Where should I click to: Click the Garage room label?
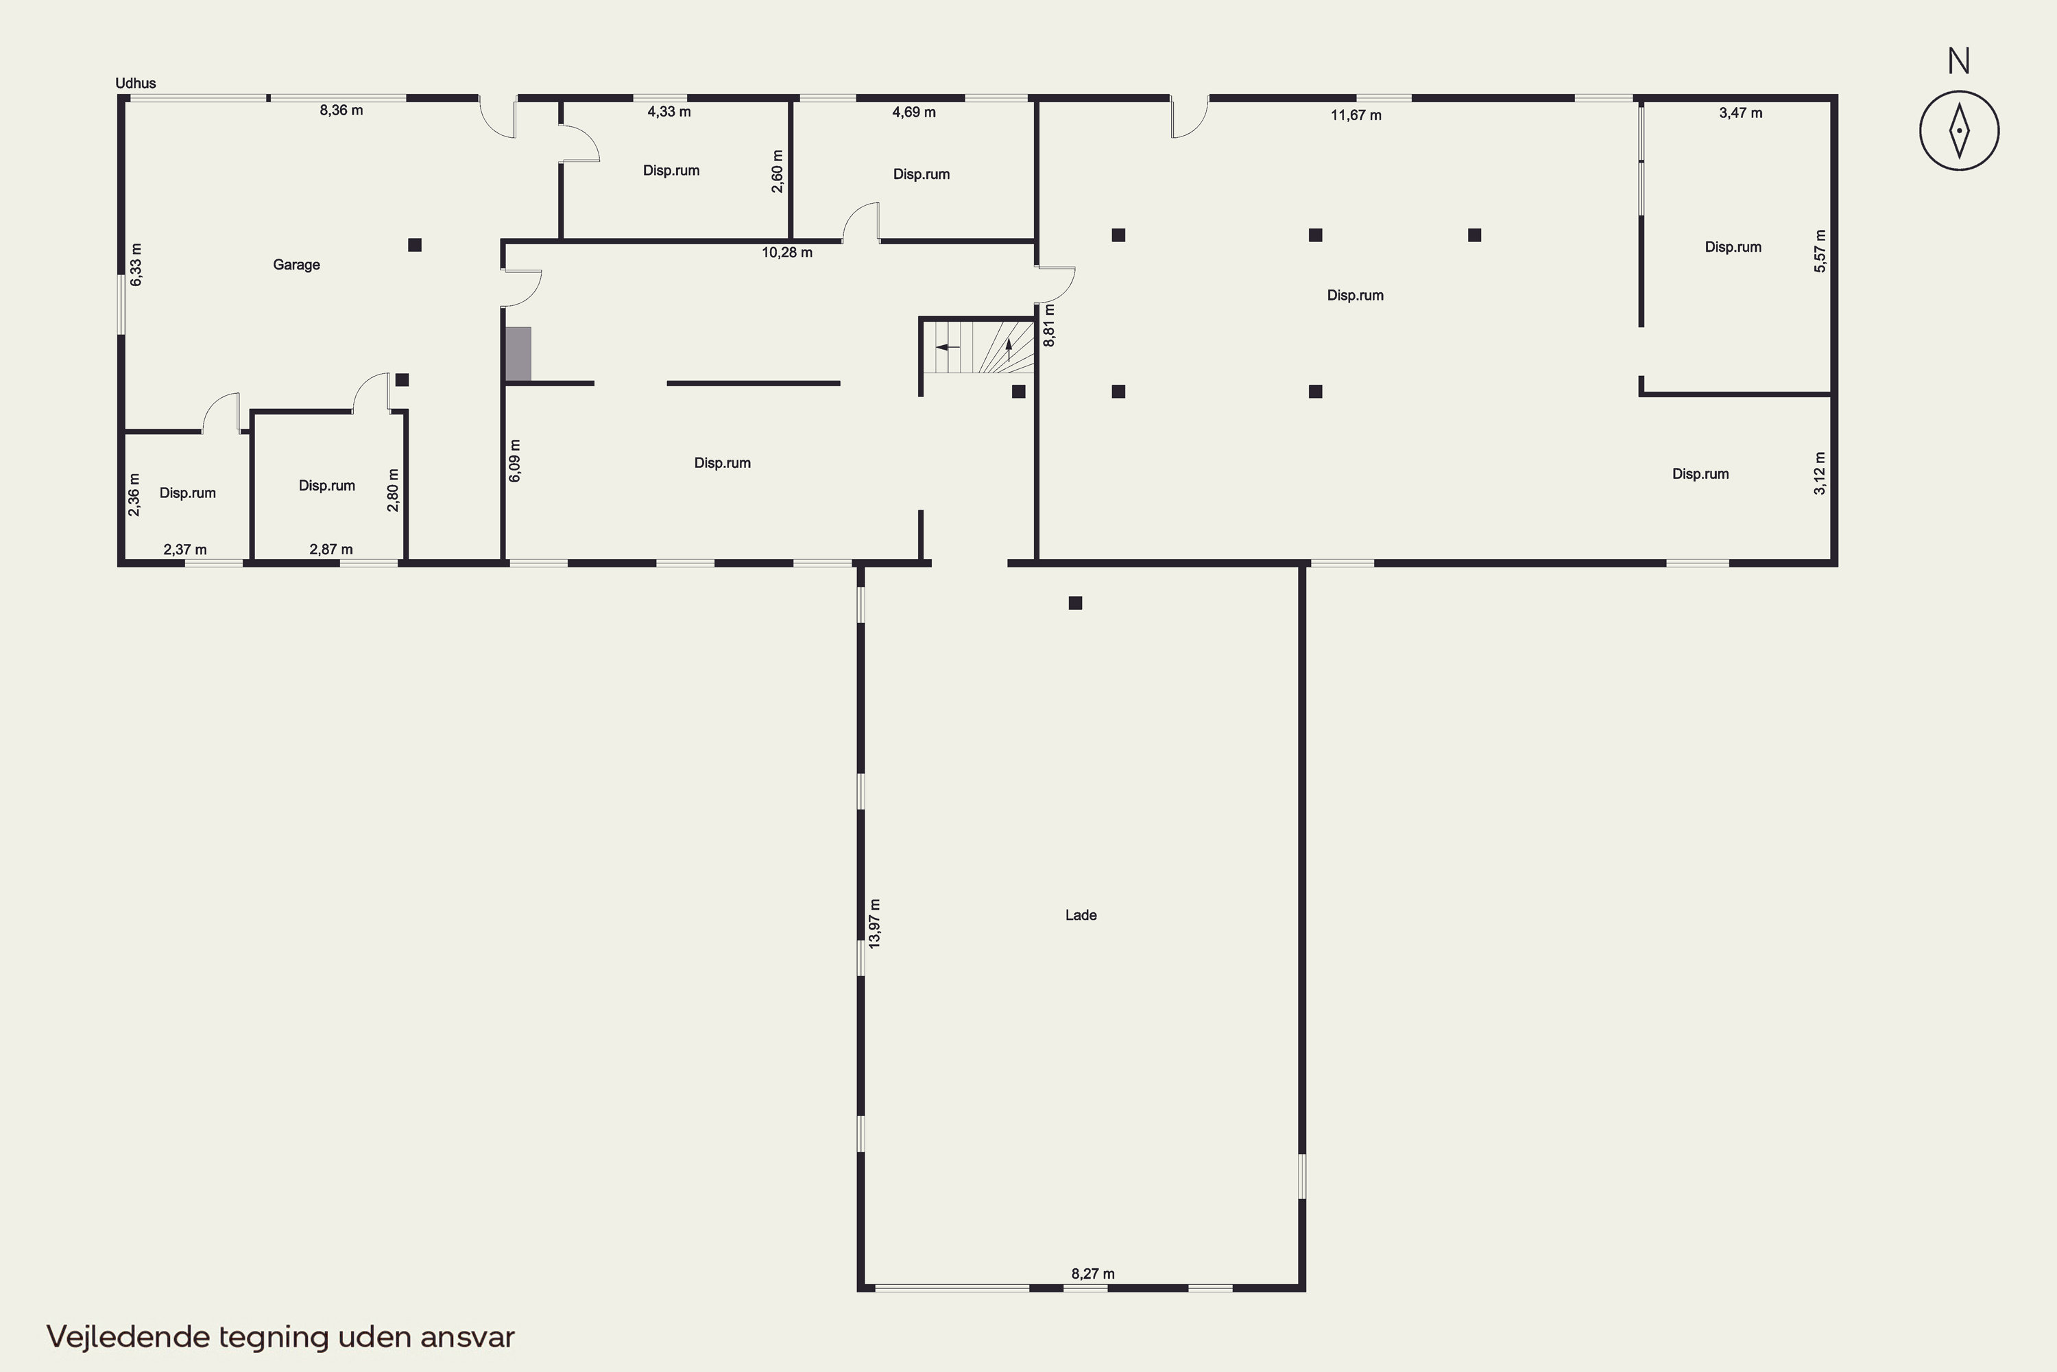(296, 265)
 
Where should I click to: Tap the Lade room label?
(1081, 915)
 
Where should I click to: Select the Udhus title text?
(136, 83)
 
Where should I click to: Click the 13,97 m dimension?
(875, 923)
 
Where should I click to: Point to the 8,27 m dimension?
(1093, 1274)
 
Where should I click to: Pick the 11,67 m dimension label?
(1356, 115)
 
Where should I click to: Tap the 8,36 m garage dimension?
(341, 110)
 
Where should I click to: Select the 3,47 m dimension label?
(1740, 113)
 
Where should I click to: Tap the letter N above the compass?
(1959, 61)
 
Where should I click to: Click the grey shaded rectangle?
(518, 355)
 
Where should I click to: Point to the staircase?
(978, 346)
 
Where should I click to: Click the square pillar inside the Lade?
(1076, 603)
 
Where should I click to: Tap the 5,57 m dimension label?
(1820, 251)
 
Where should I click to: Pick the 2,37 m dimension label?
(185, 549)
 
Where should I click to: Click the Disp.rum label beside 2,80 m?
(327, 486)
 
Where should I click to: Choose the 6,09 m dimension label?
(515, 461)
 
